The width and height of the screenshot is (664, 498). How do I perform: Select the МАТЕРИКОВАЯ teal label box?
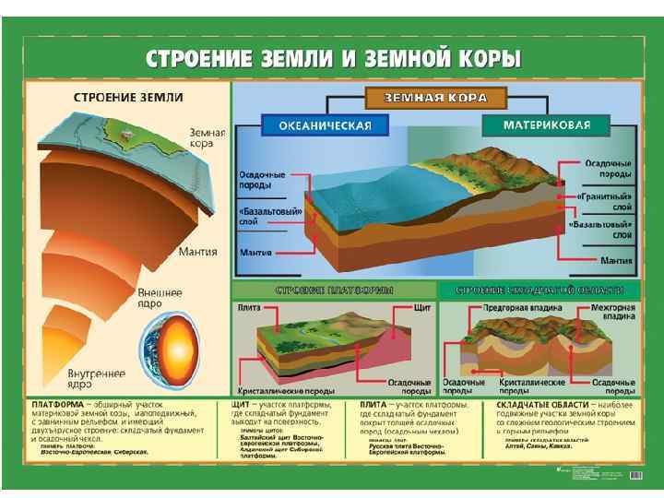(548, 125)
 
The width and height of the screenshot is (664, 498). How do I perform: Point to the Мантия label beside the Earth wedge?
(198, 251)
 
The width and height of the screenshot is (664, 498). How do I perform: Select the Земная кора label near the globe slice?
(207, 137)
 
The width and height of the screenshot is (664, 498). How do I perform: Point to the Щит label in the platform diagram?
(423, 307)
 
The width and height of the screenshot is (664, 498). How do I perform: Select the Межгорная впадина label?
(612, 312)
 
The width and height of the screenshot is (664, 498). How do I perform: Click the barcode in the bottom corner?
(634, 474)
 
